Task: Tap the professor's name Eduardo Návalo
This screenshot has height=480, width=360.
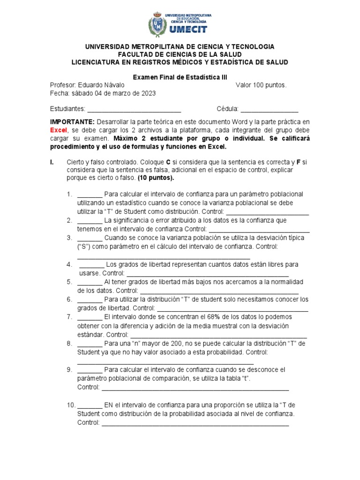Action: [102, 85]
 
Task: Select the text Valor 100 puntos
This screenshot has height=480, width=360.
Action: [261, 85]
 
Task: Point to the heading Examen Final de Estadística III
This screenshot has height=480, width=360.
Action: [180, 76]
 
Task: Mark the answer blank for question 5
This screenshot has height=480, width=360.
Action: [90, 282]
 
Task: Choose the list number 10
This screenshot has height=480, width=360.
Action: [71, 405]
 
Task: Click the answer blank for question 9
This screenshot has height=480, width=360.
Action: [90, 370]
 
